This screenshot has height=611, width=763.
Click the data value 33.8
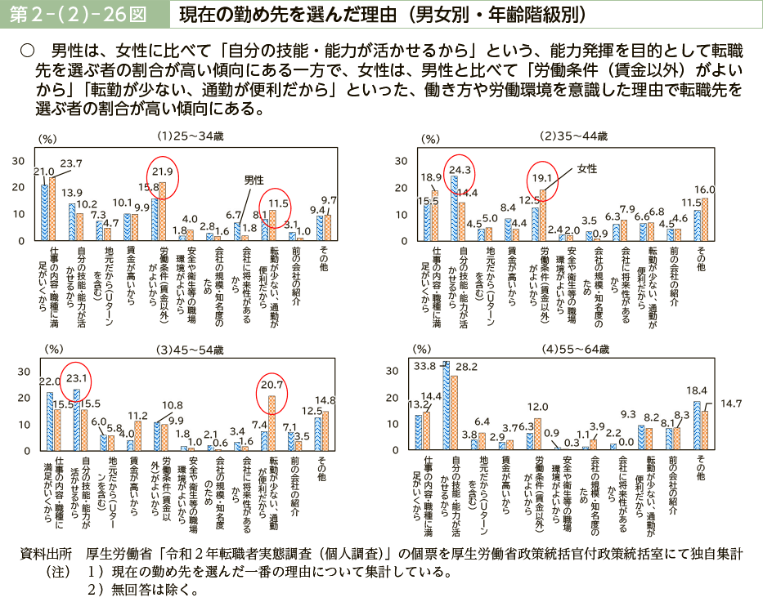425,365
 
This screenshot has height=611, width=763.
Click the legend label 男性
254,179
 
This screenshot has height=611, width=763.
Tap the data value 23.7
71,163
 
